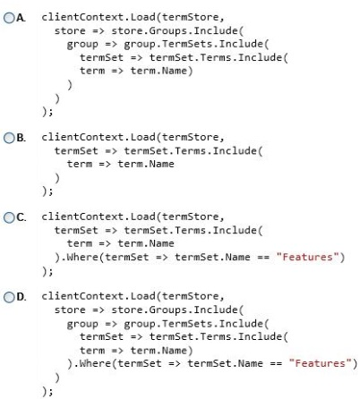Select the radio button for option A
pos(9,18)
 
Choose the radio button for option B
pos(9,138)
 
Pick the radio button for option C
pos(9,217)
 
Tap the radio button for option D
pos(9,297)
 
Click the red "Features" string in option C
pos(307,257)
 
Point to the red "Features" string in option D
pos(321,363)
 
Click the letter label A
pos(21,18)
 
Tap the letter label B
pos(21,138)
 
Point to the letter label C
pos(21,217)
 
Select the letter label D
pos(21,297)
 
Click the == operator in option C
pos(263,257)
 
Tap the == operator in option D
pos(276,363)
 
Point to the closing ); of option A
pos(47,112)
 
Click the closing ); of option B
pos(47,191)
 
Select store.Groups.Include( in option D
pos(177,310)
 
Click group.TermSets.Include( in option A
pos(196,44)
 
